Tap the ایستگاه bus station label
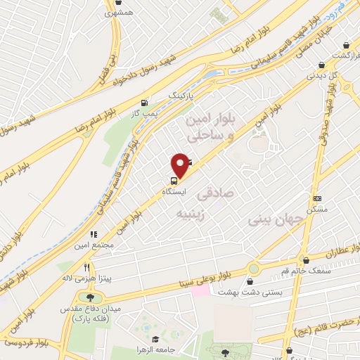pos(174,191)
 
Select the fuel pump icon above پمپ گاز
pos(145,102)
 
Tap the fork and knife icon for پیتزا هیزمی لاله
pos(86,268)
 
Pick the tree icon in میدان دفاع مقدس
pos(91,299)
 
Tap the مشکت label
pos(318,210)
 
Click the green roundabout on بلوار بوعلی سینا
pos(253,269)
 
